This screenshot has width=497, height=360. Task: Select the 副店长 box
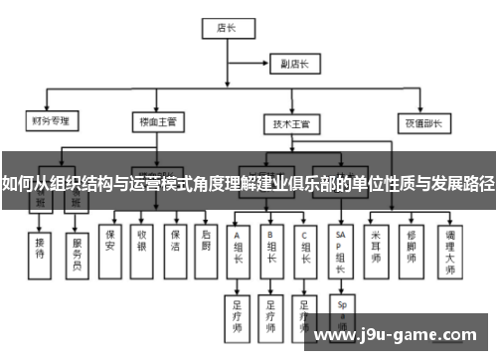295,65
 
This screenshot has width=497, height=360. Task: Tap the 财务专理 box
51,122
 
